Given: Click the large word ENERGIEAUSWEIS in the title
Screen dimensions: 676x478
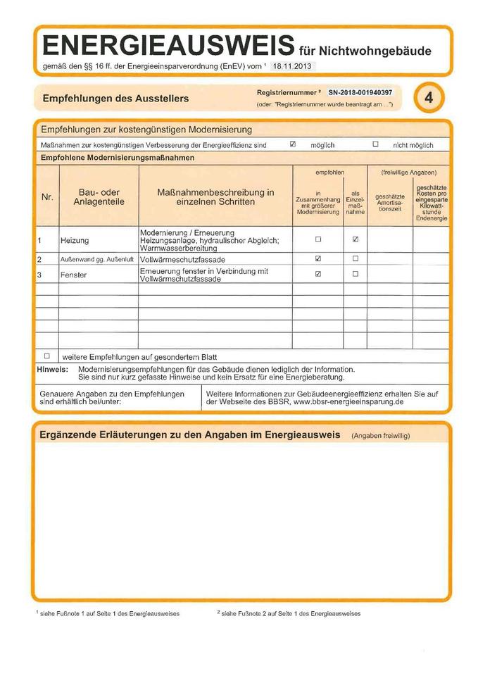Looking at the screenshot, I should click(168, 46).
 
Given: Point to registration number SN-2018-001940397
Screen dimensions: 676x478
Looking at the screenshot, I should click(360, 93).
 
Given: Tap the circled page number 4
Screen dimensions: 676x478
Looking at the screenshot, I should click(429, 99).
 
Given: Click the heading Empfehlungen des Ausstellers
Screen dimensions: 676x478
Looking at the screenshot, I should click(115, 99).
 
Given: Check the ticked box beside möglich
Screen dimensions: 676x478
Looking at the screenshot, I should click(293, 144).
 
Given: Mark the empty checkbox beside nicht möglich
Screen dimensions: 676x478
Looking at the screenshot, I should click(375, 144).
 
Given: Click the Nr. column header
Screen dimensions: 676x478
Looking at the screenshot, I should click(47, 197).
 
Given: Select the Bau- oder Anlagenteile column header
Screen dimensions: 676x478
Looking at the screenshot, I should click(99, 197).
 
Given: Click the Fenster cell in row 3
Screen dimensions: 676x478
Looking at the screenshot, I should click(73, 275).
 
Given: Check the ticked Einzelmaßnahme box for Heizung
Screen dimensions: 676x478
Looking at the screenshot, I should click(356, 239).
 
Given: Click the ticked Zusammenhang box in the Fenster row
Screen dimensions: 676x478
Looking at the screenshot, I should click(318, 274).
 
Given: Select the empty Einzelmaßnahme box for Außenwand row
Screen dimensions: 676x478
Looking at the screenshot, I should click(356, 259).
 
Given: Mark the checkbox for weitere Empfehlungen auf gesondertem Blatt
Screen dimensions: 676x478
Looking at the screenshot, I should click(47, 356).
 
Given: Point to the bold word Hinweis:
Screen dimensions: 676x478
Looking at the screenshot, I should click(52, 369).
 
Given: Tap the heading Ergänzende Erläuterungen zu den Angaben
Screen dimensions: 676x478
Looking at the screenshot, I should click(190, 435).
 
